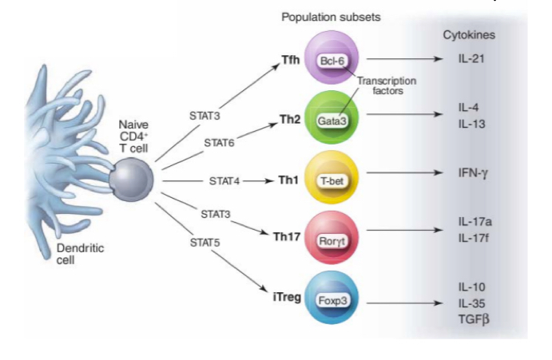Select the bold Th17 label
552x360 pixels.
pyautogui.click(x=287, y=235)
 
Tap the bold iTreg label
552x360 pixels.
pyautogui.click(x=286, y=298)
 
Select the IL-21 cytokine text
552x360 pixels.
pyautogui.click(x=471, y=59)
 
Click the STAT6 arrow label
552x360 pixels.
pyautogui.click(x=219, y=143)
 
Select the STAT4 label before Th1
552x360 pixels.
pyautogui.click(x=224, y=181)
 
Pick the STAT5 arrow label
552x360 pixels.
pyautogui.click(x=205, y=240)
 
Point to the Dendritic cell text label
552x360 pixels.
pyautogui.click(x=79, y=254)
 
